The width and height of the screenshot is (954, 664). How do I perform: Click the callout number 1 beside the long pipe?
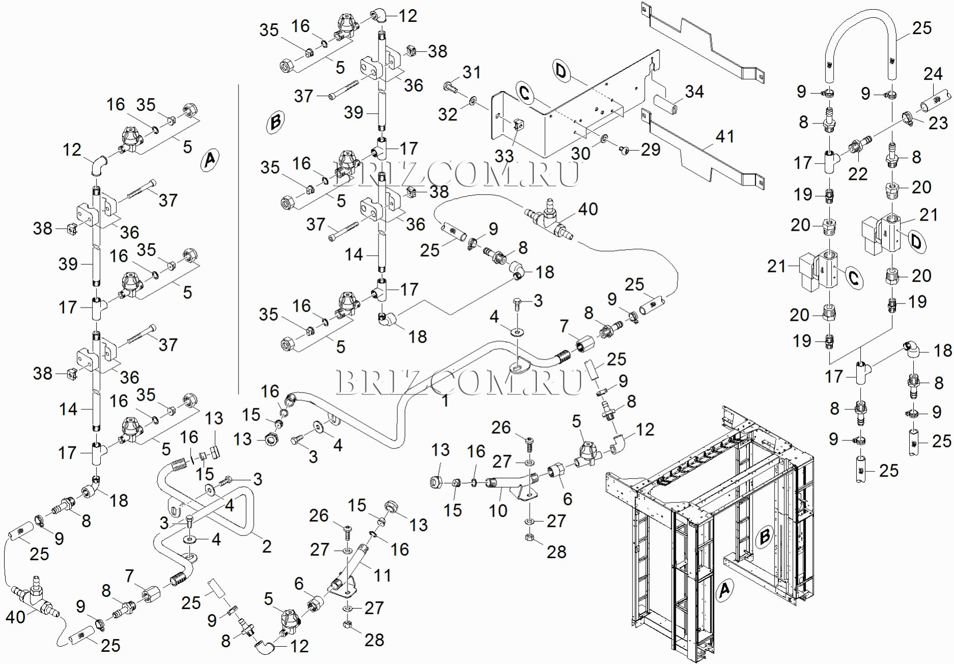pyautogui.click(x=445, y=401)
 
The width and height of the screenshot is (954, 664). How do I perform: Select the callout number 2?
pyautogui.click(x=267, y=547)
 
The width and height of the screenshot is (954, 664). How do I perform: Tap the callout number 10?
pyautogui.click(x=498, y=510)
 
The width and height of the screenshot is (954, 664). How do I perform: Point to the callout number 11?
pyautogui.click(x=382, y=575)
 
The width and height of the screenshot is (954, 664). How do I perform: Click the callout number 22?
pyautogui.click(x=857, y=174)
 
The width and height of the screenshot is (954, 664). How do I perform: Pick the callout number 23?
pyautogui.click(x=938, y=123)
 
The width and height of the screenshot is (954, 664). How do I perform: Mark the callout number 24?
pyautogui.click(x=933, y=74)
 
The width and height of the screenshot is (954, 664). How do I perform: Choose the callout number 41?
pyautogui.click(x=725, y=136)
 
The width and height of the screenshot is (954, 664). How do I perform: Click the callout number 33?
pyautogui.click(x=504, y=156)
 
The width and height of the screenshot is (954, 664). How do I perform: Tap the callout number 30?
pyautogui.click(x=580, y=153)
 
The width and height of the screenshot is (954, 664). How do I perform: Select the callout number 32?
pyautogui.click(x=448, y=114)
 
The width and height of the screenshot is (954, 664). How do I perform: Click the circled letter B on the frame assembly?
pyautogui.click(x=764, y=536)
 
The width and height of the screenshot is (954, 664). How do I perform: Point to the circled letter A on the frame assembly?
pyautogui.click(x=725, y=590)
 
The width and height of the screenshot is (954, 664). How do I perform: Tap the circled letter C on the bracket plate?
pyautogui.click(x=525, y=94)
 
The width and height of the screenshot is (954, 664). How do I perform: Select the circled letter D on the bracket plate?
pyautogui.click(x=561, y=71)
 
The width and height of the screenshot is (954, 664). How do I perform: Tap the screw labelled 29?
pyautogui.click(x=624, y=149)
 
